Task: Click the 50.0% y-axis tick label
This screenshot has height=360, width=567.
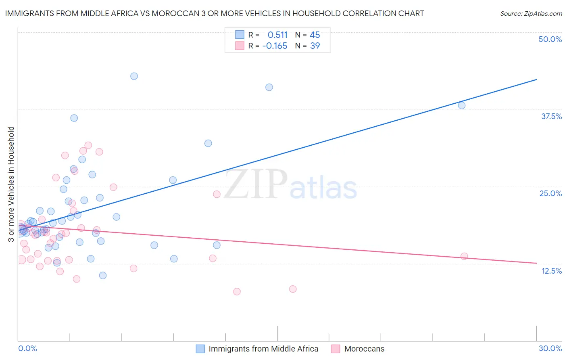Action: pos(550,39)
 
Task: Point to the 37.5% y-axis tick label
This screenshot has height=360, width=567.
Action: pos(551,116)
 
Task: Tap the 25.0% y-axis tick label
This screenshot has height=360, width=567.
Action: pos(550,193)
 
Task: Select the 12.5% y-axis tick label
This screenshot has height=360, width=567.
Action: pos(551,271)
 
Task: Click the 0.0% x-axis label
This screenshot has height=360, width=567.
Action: pos(27,348)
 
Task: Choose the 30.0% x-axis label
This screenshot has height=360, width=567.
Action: pos(550,348)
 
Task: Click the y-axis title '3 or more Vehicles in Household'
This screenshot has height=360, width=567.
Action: pos(11,184)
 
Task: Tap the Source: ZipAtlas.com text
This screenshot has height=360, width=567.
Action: pos(531,14)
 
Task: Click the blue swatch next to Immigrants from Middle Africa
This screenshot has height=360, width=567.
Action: pos(200,349)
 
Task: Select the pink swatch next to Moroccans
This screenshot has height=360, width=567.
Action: pos(335,349)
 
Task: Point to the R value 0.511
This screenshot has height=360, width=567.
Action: pos(277,35)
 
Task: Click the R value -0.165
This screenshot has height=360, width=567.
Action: pos(275,46)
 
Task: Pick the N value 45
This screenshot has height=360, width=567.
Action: pos(315,35)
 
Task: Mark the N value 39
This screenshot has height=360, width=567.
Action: pos(315,46)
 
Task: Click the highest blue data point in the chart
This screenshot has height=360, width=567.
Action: pos(134,76)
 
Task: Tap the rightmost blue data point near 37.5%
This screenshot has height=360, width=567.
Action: pos(462,105)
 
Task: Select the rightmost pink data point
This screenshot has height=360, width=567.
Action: pos(464,256)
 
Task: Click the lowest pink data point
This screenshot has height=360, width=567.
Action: pos(237,291)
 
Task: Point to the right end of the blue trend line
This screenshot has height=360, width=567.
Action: pos(536,80)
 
